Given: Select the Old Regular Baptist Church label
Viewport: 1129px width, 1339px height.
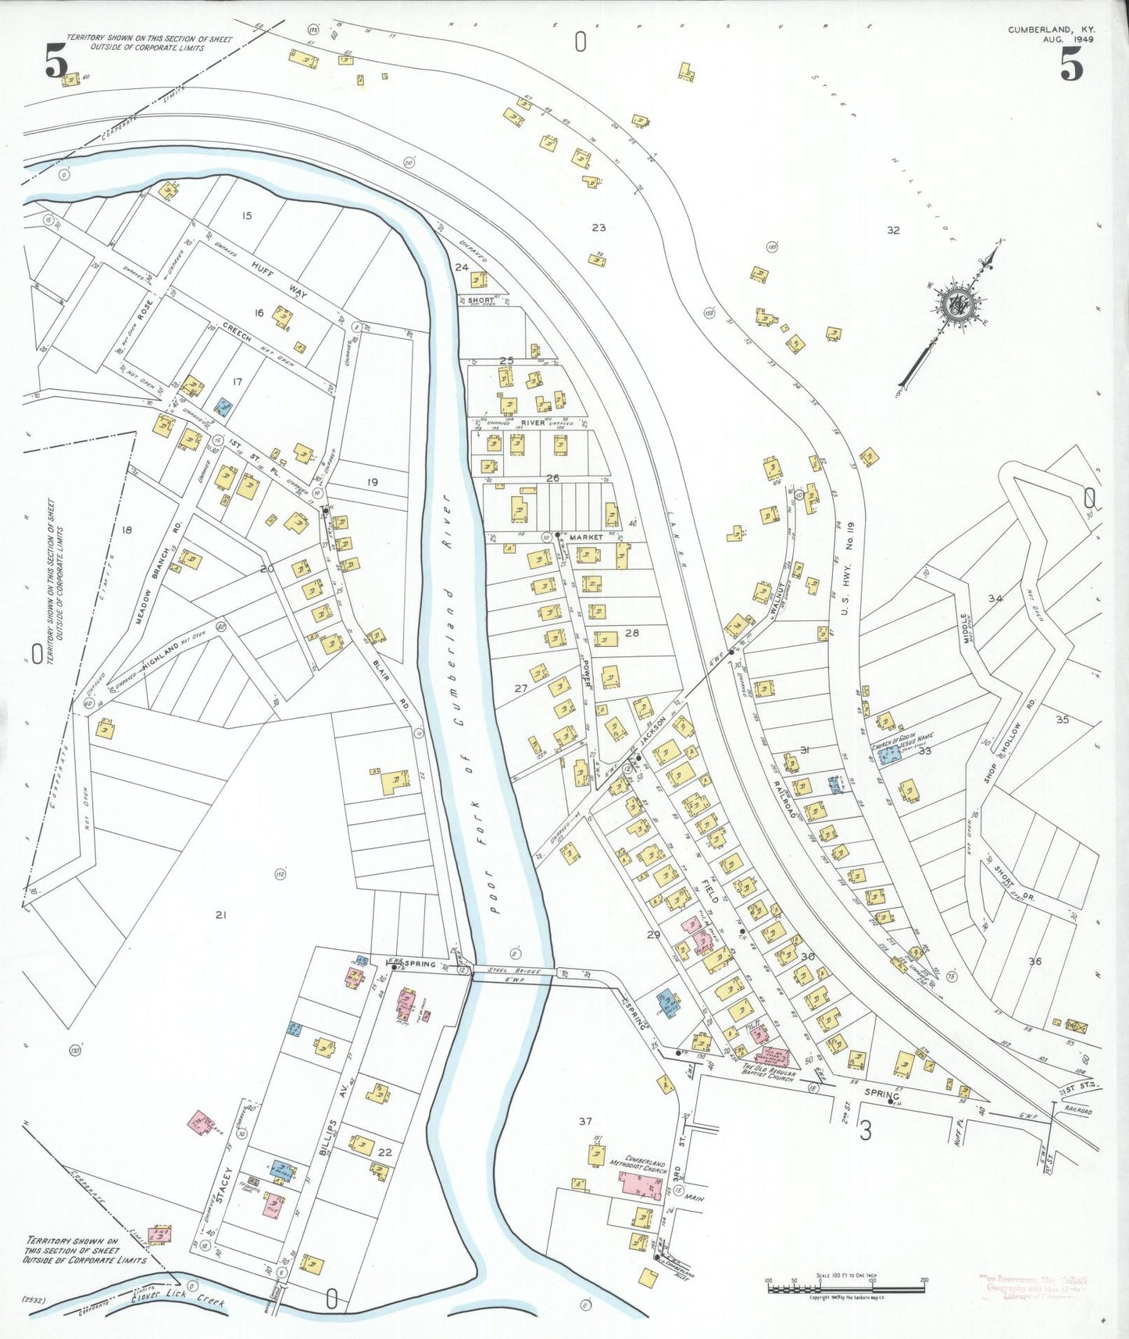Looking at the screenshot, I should pyautogui.click(x=768, y=1075).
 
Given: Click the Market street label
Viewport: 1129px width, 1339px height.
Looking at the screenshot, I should pyautogui.click(x=586, y=537).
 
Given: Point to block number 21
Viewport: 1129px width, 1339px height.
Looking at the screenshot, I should pyautogui.click(x=221, y=914).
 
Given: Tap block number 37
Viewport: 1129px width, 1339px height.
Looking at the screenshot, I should pyautogui.click(x=585, y=1121).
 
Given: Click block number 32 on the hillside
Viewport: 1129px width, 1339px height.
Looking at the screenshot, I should pyautogui.click(x=893, y=230).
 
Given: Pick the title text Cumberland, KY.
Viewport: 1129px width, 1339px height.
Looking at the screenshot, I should pyautogui.click(x=1051, y=30).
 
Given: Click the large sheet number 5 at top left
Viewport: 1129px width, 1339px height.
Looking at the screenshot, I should pyautogui.click(x=56, y=62).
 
